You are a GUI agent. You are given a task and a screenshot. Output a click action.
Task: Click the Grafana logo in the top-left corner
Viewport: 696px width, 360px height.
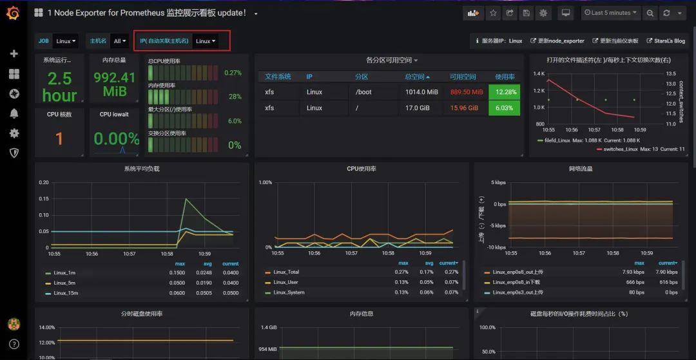click(x=13, y=13)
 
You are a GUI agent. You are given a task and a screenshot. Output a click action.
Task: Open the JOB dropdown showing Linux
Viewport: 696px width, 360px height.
click(x=66, y=41)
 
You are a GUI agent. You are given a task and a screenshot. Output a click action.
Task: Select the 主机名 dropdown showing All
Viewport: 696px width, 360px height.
click(x=119, y=41)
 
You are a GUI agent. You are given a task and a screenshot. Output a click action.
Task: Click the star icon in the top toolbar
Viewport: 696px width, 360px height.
click(x=493, y=13)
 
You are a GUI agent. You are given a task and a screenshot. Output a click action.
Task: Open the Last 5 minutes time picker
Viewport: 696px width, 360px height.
click(x=610, y=13)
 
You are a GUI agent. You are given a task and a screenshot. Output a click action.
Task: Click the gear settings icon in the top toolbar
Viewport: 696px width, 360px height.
click(x=543, y=13)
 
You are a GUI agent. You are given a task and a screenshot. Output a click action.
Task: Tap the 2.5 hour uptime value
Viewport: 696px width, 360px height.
click(x=59, y=87)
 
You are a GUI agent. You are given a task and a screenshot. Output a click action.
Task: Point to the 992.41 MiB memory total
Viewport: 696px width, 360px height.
click(x=115, y=84)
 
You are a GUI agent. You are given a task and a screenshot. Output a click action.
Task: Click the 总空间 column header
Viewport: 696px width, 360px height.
click(x=417, y=77)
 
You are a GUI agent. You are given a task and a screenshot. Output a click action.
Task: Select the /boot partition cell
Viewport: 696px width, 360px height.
click(x=364, y=92)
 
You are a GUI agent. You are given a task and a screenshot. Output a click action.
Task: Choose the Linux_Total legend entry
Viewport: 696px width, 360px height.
click(x=286, y=272)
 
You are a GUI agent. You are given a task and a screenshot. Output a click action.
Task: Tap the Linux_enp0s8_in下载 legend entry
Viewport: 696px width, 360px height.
click(x=516, y=283)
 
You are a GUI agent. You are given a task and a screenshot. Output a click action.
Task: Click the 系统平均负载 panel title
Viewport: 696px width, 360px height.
click(x=142, y=169)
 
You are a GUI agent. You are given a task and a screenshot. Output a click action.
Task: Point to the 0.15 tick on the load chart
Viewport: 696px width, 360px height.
click(x=43, y=199)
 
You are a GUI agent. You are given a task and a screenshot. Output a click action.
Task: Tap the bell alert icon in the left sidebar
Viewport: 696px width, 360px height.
click(x=14, y=114)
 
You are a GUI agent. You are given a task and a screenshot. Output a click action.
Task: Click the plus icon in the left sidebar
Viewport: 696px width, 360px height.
click(x=14, y=53)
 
